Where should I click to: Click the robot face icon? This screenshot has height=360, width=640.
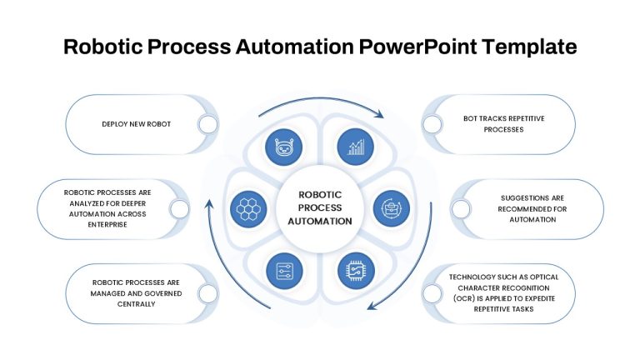tap(283, 147)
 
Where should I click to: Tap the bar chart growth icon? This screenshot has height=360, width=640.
tap(356, 147)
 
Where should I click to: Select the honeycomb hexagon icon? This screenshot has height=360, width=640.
tap(248, 209)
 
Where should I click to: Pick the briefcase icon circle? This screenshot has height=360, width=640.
tap(392, 208)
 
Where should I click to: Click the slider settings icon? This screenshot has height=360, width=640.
tap(284, 271)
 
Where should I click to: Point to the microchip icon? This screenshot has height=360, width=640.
tap(357, 271)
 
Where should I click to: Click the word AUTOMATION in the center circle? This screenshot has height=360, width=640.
tap(320, 221)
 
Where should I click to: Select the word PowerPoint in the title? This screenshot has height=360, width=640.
tap(417, 46)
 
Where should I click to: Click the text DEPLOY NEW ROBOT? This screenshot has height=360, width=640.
tap(137, 124)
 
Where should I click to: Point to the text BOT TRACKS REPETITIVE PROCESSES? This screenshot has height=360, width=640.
tap(503, 124)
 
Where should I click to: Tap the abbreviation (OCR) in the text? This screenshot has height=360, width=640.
tap(464, 298)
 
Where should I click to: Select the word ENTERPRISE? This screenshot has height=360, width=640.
tap(107, 224)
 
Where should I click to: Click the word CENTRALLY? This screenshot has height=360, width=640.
tap(136, 304)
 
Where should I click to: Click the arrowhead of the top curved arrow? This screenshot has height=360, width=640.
tap(380, 114)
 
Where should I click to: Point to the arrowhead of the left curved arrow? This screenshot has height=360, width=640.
tap(209, 203)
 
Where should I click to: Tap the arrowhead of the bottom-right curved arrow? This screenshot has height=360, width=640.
tap(372, 305)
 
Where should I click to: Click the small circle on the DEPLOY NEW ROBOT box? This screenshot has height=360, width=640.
tap(207, 124)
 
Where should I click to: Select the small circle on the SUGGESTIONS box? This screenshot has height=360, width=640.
tap(461, 209)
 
